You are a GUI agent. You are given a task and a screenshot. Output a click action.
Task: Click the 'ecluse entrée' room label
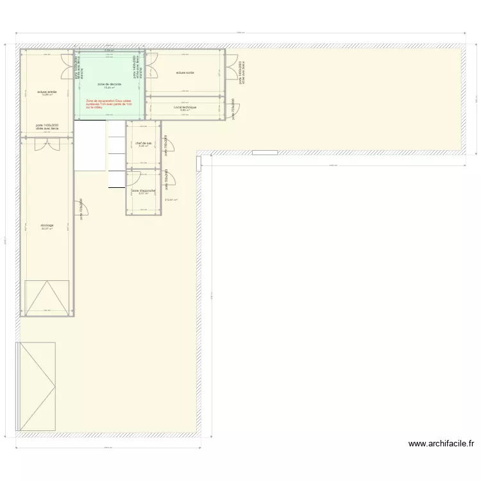pyautogui.click(x=47, y=92)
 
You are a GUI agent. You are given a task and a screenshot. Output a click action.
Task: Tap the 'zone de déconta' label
pyautogui.click(x=109, y=84)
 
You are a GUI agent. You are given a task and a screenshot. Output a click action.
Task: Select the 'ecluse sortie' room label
pyautogui.click(x=185, y=73)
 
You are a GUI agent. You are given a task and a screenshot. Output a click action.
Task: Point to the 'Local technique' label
pyautogui.click(x=185, y=107)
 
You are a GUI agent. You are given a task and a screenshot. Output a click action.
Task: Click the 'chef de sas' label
pyautogui.click(x=143, y=143)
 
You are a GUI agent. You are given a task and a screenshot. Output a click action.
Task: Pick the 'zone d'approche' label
pyautogui.click(x=143, y=190)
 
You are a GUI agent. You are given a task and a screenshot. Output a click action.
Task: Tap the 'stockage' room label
pyautogui.click(x=47, y=225)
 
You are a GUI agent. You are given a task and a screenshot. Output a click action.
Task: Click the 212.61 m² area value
pyautogui.click(x=171, y=200)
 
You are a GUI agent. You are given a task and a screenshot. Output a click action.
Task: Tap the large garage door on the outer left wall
pyautogui.click(x=37, y=386)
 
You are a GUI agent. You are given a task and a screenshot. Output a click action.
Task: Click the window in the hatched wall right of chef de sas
pyautogui.click(x=265, y=153)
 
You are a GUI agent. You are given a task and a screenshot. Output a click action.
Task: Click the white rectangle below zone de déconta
pyautogui.click(x=89, y=146)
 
